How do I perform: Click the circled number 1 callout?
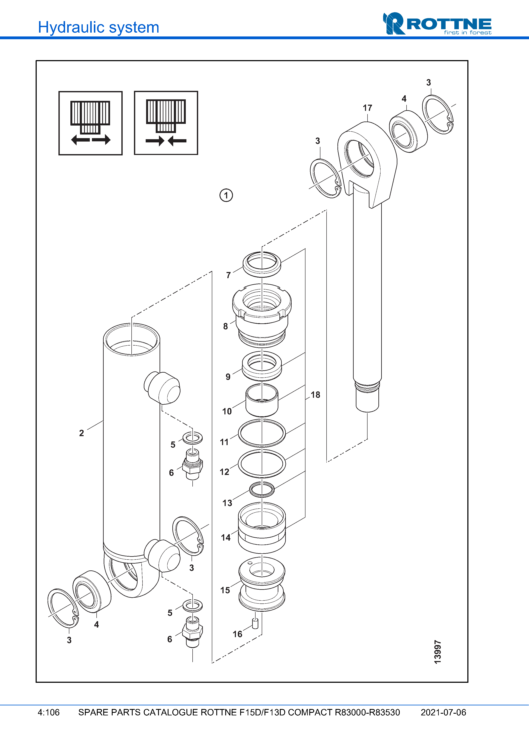pyautogui.click(x=226, y=195)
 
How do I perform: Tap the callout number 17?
pyautogui.click(x=367, y=108)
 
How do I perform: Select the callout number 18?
pyautogui.click(x=315, y=395)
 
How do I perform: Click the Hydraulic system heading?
pyautogui.click(x=98, y=27)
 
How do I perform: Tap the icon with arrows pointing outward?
pyautogui.click(x=91, y=123)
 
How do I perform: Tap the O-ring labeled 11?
pyautogui.click(x=262, y=433)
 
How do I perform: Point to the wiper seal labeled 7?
pyautogui.click(x=262, y=264)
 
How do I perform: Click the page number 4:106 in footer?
pyautogui.click(x=49, y=712)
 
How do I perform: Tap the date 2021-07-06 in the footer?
pyautogui.click(x=443, y=712)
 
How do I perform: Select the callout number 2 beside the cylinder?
pyautogui.click(x=81, y=433)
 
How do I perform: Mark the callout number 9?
pyautogui.click(x=228, y=377)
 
